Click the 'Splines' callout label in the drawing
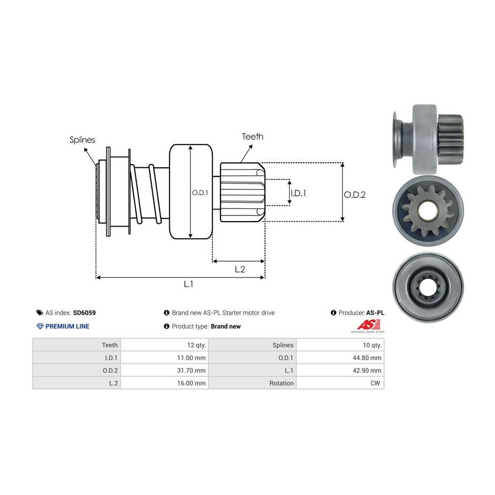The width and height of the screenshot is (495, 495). [82, 140]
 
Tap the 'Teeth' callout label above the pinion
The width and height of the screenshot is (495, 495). [252, 136]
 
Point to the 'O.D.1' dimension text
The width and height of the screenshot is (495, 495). [200, 193]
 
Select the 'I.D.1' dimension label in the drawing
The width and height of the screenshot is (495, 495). [298, 193]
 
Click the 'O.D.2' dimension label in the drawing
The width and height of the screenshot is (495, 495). [355, 194]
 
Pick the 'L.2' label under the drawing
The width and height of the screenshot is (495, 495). [239, 269]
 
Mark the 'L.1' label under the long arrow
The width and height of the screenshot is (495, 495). [188, 284]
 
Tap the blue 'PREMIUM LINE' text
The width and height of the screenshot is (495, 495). [67, 326]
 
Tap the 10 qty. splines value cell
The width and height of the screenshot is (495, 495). [370, 345]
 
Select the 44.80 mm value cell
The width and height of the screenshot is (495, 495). [367, 358]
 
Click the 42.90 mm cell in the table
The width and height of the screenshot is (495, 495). [367, 370]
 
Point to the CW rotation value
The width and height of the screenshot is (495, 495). [376, 383]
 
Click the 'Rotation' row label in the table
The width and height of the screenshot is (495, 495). [281, 383]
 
